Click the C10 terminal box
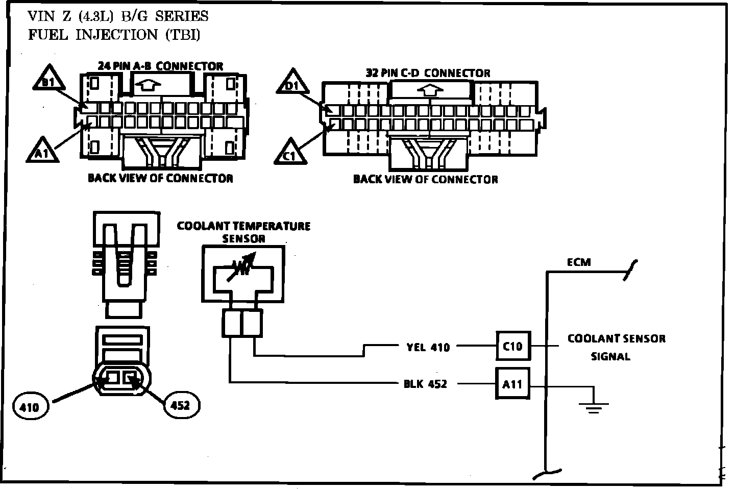pos(512,346)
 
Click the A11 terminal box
pos(512,383)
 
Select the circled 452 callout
pos(181,405)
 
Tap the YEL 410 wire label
pos(428,348)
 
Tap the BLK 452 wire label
pos(425,384)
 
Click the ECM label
pos(579,262)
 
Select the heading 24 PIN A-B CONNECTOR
pos(160,66)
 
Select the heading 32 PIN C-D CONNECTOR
pos(428,73)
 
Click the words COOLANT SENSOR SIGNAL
pos(616,347)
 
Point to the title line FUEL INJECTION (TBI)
pos(114,35)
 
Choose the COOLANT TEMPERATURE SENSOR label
pos(243,232)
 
